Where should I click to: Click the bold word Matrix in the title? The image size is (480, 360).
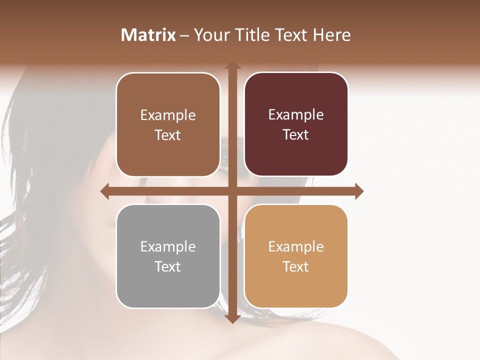(148, 35)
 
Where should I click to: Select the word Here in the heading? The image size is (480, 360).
(331, 35)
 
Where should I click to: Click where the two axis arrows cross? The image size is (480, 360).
(232, 191)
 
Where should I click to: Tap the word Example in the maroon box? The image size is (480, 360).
(296, 115)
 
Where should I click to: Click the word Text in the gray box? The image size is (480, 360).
(168, 266)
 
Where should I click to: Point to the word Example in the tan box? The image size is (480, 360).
(296, 246)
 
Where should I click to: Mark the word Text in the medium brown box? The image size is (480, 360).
(168, 135)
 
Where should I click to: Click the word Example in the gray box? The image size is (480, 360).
(168, 246)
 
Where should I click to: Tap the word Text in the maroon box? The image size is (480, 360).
(296, 134)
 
